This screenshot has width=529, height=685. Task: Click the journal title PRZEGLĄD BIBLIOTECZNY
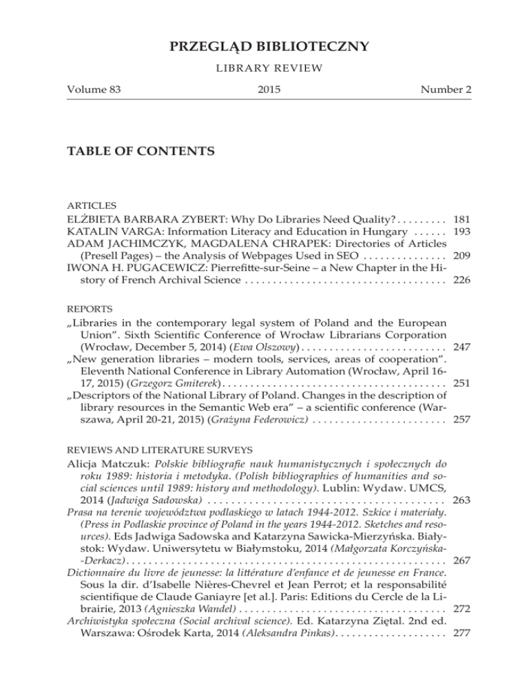(x=264, y=47)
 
